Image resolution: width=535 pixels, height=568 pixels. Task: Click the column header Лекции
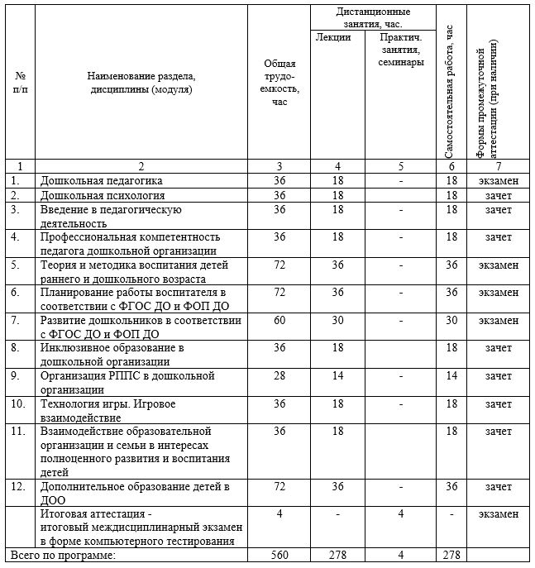point(332,37)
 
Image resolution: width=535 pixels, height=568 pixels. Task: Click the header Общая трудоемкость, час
point(279,88)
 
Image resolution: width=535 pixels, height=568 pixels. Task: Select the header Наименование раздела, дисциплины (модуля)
point(141,82)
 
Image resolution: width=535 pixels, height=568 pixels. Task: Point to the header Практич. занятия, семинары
point(400,50)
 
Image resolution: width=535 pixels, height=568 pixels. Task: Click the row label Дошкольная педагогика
point(102,179)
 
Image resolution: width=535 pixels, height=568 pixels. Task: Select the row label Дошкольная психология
point(103,196)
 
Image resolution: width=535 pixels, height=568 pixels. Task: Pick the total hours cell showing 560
point(279,556)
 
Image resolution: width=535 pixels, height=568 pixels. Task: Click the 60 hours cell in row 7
point(279,320)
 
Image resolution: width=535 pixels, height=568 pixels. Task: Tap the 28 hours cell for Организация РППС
point(279,376)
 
